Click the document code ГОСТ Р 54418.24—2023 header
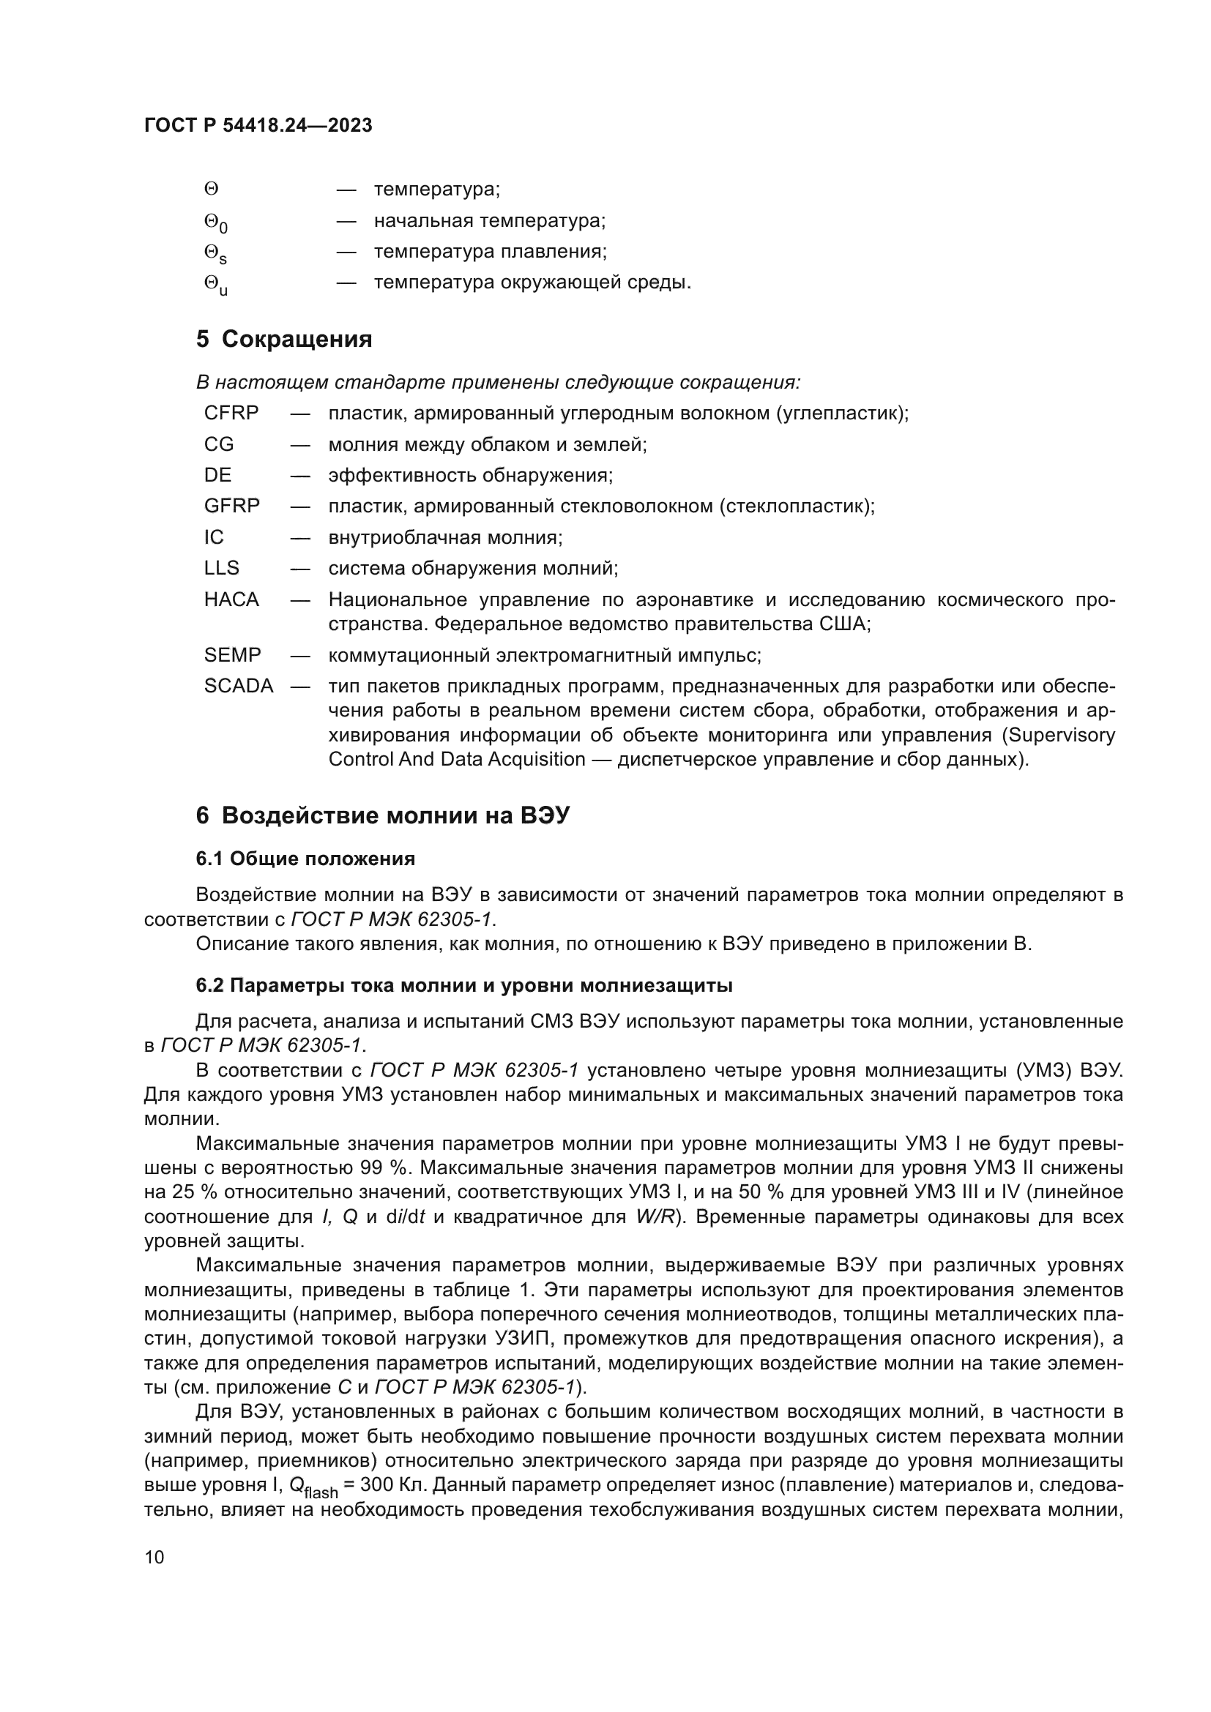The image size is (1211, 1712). (x=258, y=126)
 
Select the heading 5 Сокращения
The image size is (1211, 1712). (x=284, y=340)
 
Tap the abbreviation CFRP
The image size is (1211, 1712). (x=231, y=413)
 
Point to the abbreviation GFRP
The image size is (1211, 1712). (x=232, y=507)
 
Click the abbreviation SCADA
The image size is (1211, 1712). (x=239, y=686)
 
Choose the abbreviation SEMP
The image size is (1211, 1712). (x=233, y=655)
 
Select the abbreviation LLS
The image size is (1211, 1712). (x=221, y=568)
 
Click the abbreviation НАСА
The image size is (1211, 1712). (x=231, y=599)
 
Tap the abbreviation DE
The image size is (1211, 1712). (x=217, y=475)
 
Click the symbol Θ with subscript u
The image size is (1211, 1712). (x=215, y=284)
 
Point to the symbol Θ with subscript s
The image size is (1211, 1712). (x=215, y=253)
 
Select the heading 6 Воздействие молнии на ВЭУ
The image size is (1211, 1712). (x=382, y=815)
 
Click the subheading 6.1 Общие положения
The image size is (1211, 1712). (x=305, y=859)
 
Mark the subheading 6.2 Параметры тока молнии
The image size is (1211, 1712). (x=463, y=986)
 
